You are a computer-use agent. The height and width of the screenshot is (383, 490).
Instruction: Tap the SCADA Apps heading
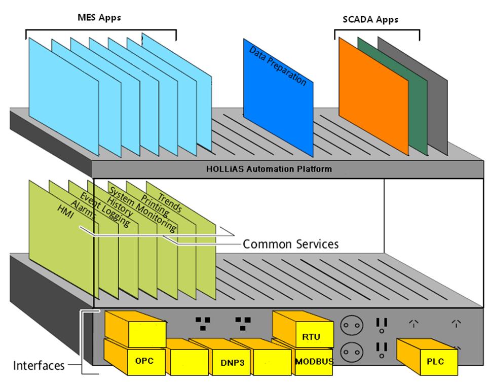pos(367,20)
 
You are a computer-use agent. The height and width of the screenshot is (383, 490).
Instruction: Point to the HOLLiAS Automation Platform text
pos(269,168)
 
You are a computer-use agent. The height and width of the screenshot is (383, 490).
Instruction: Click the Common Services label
pos(290,244)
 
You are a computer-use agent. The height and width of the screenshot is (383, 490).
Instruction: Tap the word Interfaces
pos(39,365)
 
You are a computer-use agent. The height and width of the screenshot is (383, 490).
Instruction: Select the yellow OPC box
pos(144,361)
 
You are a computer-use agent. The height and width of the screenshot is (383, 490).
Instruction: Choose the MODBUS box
pos(313,362)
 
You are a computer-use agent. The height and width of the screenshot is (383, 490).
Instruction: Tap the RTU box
pos(311,336)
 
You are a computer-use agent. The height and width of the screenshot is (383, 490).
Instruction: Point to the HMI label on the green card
pos(66,223)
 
